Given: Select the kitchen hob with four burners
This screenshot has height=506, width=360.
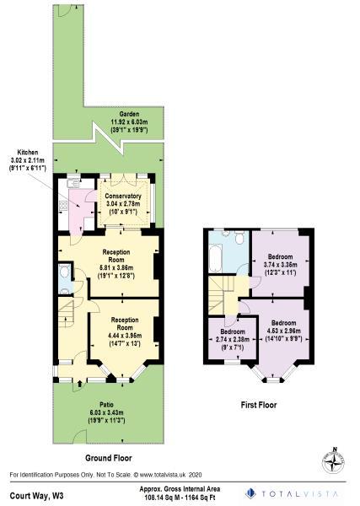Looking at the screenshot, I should point(63,205).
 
